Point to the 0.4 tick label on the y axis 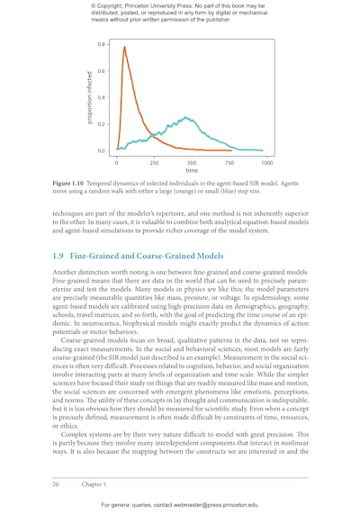(100, 97)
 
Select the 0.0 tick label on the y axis (100, 150)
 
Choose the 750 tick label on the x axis (229, 162)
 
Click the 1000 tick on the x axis (267, 156)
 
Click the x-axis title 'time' (192, 170)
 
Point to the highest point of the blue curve (185, 117)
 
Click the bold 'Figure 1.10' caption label (73, 182)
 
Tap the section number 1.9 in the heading (59, 257)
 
